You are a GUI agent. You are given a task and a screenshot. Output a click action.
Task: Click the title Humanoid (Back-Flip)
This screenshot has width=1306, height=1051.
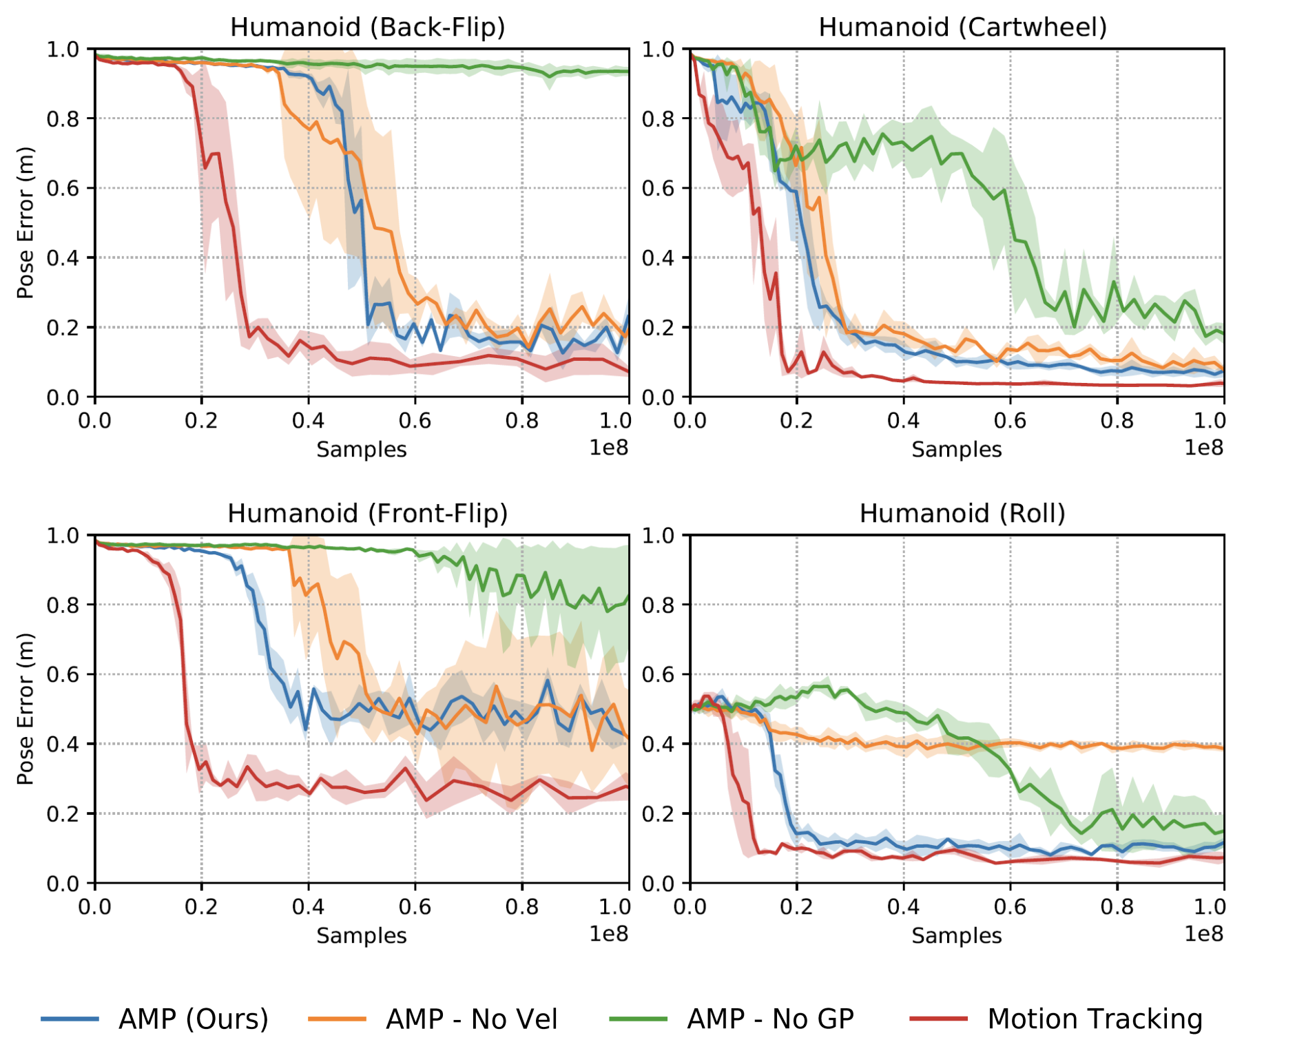click(367, 28)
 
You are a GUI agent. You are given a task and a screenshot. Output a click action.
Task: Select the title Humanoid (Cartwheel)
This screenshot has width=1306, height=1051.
click(962, 28)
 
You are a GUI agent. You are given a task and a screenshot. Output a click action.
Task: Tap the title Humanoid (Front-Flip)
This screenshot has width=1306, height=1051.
click(367, 514)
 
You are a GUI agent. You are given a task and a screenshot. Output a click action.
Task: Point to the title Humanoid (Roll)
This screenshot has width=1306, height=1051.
click(962, 514)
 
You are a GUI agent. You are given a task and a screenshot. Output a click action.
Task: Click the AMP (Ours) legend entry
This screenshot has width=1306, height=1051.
click(193, 1019)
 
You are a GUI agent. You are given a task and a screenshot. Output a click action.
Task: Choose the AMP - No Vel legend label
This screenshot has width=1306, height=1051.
click(471, 1019)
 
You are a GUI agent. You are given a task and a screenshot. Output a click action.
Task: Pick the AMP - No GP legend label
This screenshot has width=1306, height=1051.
click(770, 1019)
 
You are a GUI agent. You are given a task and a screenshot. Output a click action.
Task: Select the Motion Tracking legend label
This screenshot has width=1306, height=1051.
click(1095, 1019)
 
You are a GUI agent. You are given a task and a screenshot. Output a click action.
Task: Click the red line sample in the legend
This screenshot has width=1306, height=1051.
click(938, 1019)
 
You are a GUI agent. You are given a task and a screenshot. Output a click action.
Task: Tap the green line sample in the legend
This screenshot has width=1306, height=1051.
click(638, 1019)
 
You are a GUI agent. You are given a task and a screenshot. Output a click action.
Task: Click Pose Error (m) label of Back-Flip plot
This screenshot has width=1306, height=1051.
click(25, 222)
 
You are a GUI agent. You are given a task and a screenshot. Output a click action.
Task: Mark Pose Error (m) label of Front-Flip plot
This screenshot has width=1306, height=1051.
click(25, 709)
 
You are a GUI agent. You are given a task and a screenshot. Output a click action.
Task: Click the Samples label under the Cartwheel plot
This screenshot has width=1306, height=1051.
click(956, 450)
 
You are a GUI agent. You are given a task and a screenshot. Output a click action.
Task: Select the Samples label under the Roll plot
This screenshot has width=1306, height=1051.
click(956, 936)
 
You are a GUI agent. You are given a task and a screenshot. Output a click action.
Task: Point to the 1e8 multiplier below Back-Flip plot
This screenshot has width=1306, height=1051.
click(608, 448)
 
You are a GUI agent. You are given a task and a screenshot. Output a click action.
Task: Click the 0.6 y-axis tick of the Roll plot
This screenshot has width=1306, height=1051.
click(657, 675)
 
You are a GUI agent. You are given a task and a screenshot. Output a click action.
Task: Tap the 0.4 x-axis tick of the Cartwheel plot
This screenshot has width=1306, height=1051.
click(903, 421)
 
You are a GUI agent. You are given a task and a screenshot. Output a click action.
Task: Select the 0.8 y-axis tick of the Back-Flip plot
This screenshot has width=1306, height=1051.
click(62, 119)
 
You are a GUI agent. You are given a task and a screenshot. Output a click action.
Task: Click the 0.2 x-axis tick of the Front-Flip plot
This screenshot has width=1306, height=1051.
click(201, 907)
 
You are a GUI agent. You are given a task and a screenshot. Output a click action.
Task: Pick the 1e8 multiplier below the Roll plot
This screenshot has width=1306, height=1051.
click(1203, 934)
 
